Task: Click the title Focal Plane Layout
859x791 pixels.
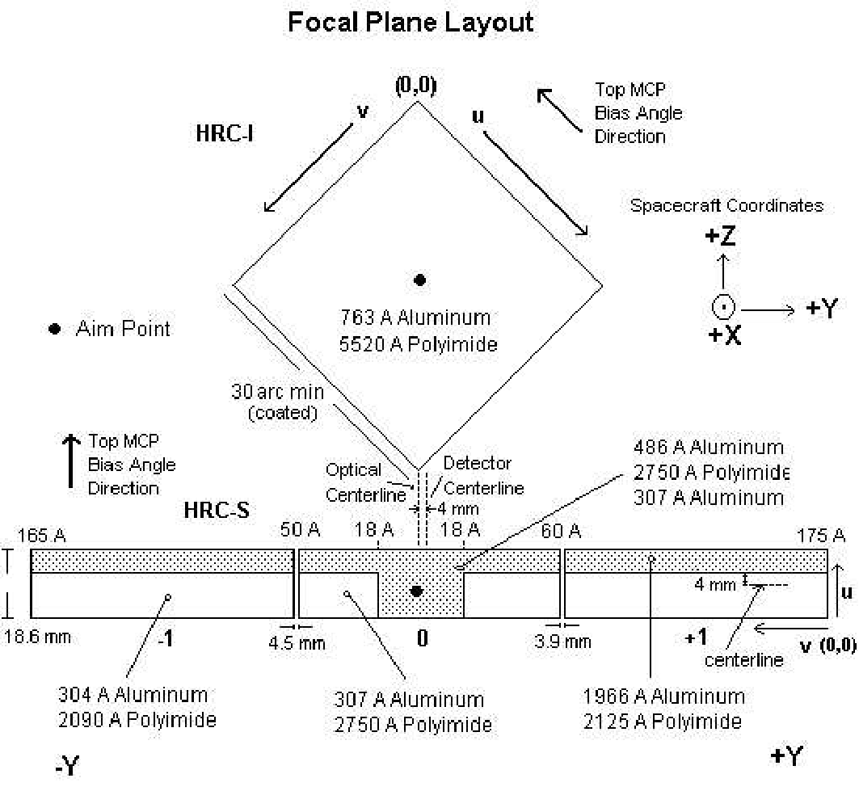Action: click(x=411, y=22)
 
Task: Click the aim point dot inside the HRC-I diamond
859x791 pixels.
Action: click(x=419, y=280)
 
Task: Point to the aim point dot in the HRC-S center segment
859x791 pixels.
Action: click(x=417, y=591)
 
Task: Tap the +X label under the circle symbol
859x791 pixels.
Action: click(x=722, y=335)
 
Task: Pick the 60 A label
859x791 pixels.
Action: click(x=561, y=531)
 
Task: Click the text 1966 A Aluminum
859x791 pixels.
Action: click(x=663, y=696)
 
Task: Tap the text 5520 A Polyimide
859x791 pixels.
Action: click(x=419, y=343)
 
